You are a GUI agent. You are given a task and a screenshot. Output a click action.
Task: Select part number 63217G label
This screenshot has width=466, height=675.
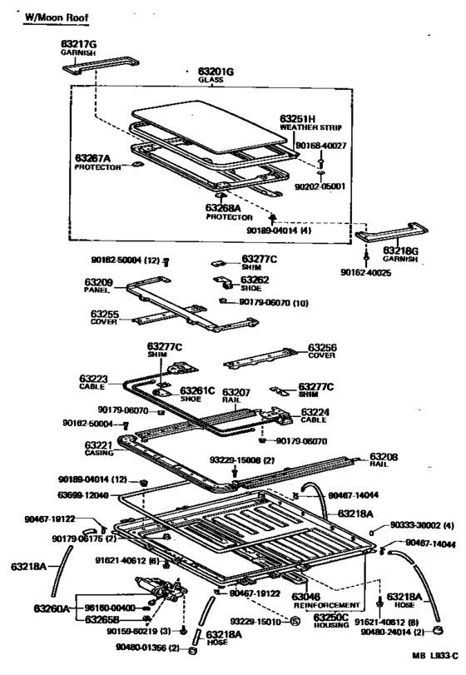(79, 42)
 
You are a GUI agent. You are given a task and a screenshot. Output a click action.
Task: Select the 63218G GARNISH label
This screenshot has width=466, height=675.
(402, 253)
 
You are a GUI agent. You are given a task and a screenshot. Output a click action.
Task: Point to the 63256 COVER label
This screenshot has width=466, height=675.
(323, 352)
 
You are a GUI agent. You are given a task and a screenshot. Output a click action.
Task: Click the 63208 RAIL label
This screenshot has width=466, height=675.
(384, 461)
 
